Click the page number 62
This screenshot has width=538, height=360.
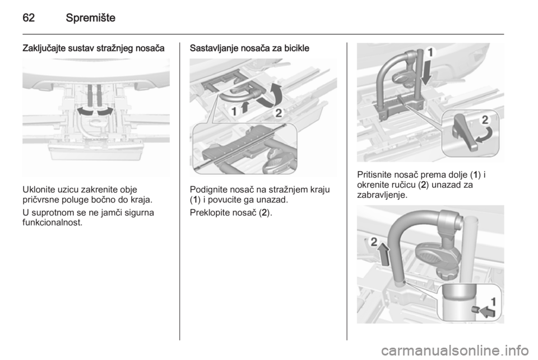click(x=29, y=17)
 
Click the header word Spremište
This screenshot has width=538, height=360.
click(x=91, y=17)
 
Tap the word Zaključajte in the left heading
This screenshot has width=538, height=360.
click(x=44, y=48)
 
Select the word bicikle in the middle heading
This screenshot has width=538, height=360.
click(x=298, y=48)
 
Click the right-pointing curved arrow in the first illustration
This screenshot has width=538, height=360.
click(x=106, y=112)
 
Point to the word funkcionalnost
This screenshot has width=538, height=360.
click(x=53, y=223)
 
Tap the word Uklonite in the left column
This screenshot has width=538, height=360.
click(x=36, y=190)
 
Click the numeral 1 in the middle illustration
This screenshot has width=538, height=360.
click(x=234, y=111)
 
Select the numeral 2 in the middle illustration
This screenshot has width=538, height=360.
click(x=279, y=113)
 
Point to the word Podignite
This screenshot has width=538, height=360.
click(x=207, y=190)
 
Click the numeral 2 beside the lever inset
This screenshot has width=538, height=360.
click(x=485, y=120)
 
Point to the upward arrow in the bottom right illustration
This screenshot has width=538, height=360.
click(x=384, y=253)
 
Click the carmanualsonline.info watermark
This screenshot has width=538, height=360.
click(x=454, y=350)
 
